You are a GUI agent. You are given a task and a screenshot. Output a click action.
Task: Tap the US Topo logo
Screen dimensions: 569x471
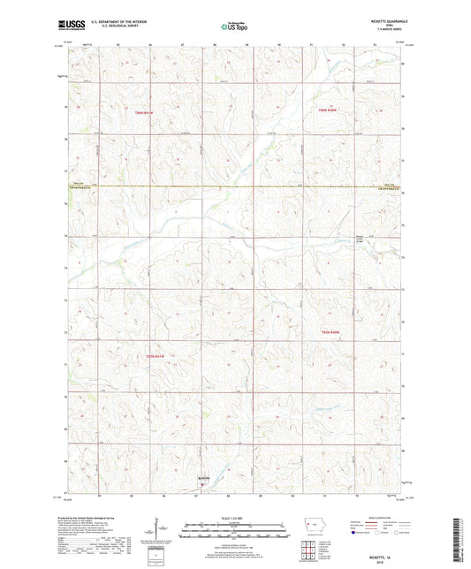click(228, 27)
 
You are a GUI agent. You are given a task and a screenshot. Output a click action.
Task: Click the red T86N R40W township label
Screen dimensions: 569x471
click(329, 109)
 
